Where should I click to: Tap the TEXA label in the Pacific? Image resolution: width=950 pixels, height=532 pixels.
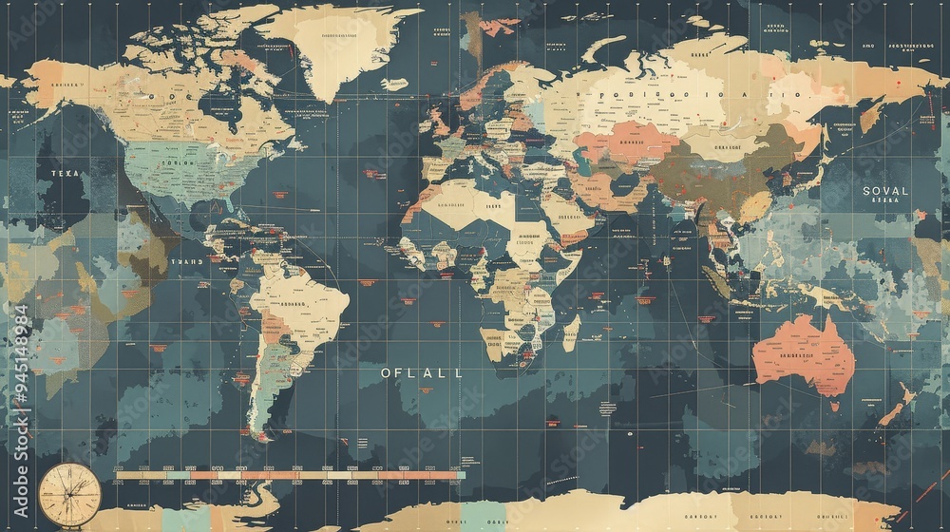59,174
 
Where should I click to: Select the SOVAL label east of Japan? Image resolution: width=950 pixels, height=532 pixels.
884,191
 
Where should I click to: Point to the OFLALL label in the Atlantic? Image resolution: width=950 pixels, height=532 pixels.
422,373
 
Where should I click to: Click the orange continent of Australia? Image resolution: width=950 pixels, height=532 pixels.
803,353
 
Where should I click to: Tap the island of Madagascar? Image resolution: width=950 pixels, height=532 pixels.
571,332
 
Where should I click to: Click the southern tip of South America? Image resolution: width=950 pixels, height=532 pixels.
258,432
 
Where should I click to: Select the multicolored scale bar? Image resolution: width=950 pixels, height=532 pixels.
285,474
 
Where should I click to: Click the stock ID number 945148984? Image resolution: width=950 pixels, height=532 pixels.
21,398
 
